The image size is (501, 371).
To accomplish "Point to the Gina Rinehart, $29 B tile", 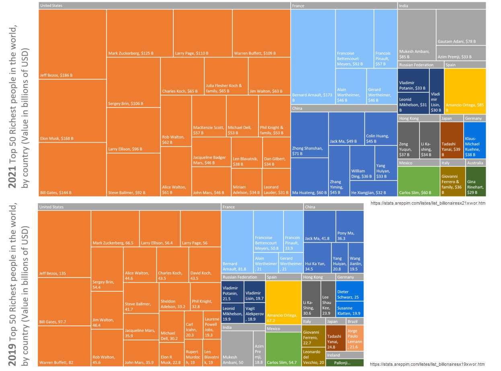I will [476, 181].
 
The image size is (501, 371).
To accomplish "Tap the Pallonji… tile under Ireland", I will [344, 363].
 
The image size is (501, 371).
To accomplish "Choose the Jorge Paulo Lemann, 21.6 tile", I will [355, 338].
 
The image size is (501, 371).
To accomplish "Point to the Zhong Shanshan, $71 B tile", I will [309, 135].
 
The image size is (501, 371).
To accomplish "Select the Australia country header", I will [476, 163].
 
